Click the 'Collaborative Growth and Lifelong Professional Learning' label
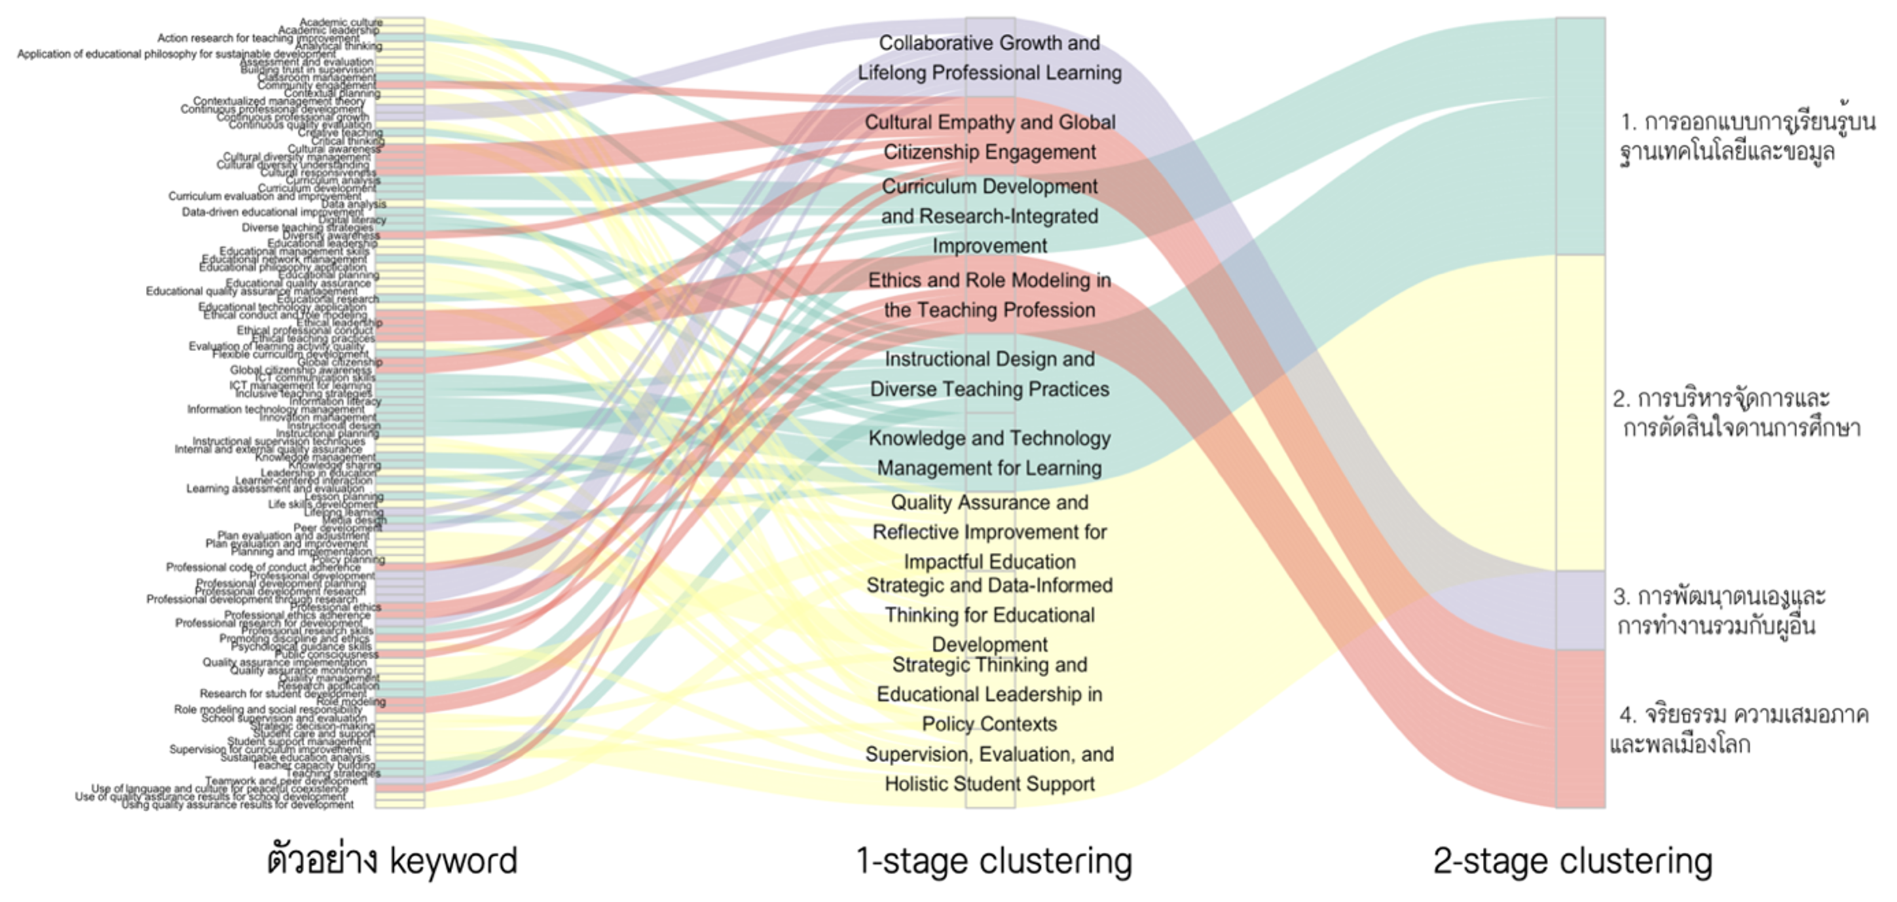(x=989, y=58)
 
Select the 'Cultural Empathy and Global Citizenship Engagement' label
(x=989, y=137)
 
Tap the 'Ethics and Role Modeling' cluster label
(x=989, y=295)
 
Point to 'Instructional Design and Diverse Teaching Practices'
(x=989, y=374)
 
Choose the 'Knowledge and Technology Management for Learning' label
(x=989, y=453)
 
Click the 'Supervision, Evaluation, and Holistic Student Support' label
(x=989, y=770)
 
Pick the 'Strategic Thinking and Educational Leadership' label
(x=989, y=694)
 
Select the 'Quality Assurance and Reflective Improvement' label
(x=989, y=532)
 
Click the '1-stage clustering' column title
(x=993, y=861)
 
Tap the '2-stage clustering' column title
(x=1572, y=861)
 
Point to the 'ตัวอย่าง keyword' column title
(x=392, y=861)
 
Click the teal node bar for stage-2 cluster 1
(x=1581, y=137)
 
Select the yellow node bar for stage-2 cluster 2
(x=1581, y=413)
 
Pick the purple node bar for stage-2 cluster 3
(x=1581, y=610)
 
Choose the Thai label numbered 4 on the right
(x=1738, y=729)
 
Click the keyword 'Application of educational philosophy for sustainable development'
(x=177, y=54)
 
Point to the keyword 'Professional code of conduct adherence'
(x=263, y=567)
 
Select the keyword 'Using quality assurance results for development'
(x=237, y=805)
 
